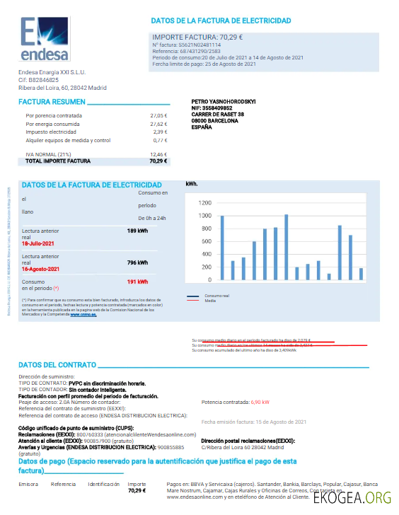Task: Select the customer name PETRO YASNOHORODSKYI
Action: click(224, 101)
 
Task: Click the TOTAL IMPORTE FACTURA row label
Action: click(58, 161)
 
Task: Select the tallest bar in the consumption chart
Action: click(286, 247)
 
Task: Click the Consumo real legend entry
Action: click(215, 295)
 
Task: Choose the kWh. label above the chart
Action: click(192, 184)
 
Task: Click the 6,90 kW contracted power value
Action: click(260, 402)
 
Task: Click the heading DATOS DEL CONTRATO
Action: click(57, 365)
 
